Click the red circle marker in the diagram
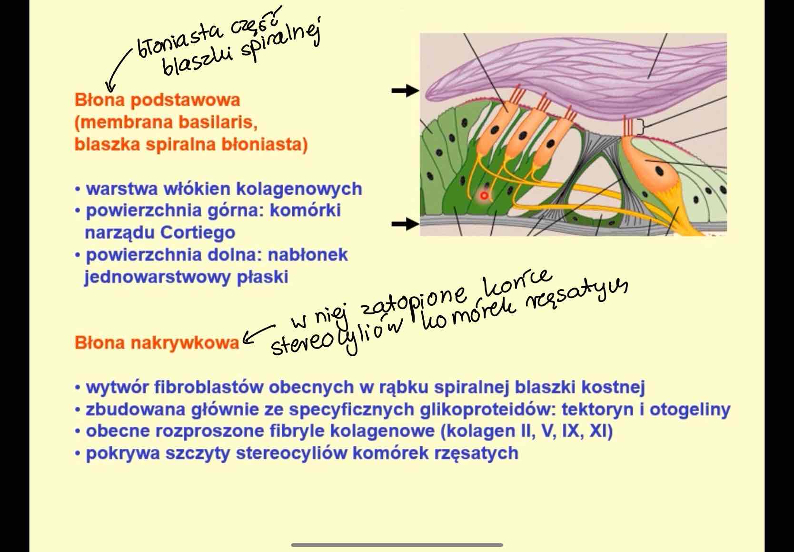point(484,196)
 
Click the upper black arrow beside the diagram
point(405,90)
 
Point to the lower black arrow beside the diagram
point(405,223)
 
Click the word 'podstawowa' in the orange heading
point(185,100)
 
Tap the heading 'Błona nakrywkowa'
point(157,343)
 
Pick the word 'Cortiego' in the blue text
point(198,233)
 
